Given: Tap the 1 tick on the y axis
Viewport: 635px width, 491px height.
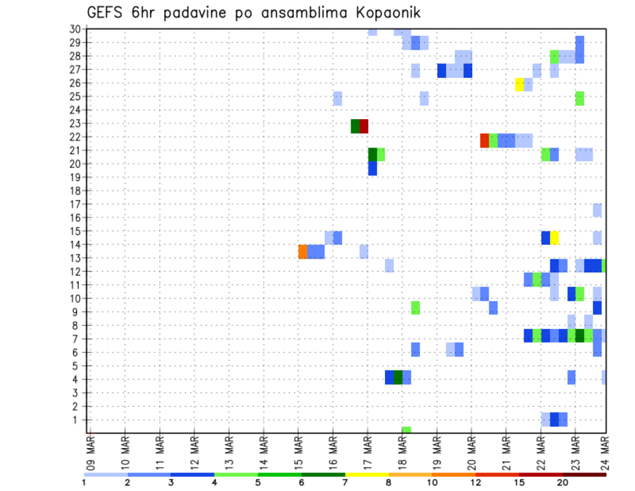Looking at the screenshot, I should coord(78,420).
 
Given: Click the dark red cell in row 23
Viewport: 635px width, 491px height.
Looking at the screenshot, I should coord(364,126).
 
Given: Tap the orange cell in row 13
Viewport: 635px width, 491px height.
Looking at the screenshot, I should coord(303,251).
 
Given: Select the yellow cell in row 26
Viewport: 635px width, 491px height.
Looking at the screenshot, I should coord(519,84).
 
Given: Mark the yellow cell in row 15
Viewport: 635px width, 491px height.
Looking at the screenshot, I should coord(554,238).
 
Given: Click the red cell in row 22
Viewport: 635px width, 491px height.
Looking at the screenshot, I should coord(484,140).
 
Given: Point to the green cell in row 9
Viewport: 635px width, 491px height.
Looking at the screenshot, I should coord(415,307).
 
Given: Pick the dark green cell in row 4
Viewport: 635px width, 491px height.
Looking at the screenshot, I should coord(398,377).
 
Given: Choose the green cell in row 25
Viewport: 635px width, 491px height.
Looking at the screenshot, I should coord(579,98).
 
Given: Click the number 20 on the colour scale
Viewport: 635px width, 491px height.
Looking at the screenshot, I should coord(563,482).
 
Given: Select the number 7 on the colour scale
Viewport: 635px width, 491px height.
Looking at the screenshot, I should coord(345,482).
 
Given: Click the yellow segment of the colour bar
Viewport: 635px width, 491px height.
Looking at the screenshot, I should coord(366,474).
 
